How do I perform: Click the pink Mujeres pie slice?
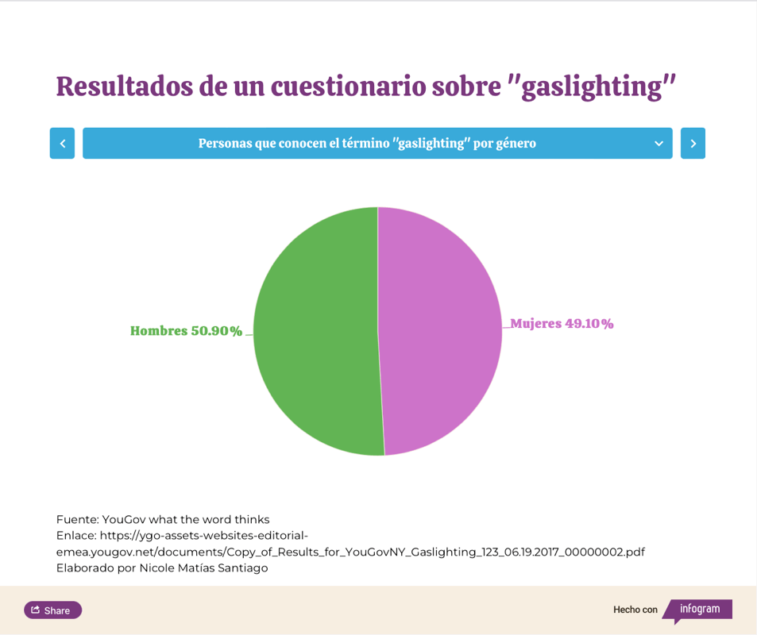(441, 332)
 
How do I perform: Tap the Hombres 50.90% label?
(186, 331)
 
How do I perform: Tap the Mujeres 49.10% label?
(562, 324)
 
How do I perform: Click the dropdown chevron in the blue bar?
(659, 144)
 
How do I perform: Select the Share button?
(52, 610)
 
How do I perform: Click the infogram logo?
(699, 610)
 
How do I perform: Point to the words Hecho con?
(635, 610)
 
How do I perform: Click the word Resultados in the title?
(124, 87)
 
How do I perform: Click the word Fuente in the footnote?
(76, 520)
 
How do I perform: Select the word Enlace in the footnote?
(75, 536)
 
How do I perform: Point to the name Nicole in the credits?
(159, 568)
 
